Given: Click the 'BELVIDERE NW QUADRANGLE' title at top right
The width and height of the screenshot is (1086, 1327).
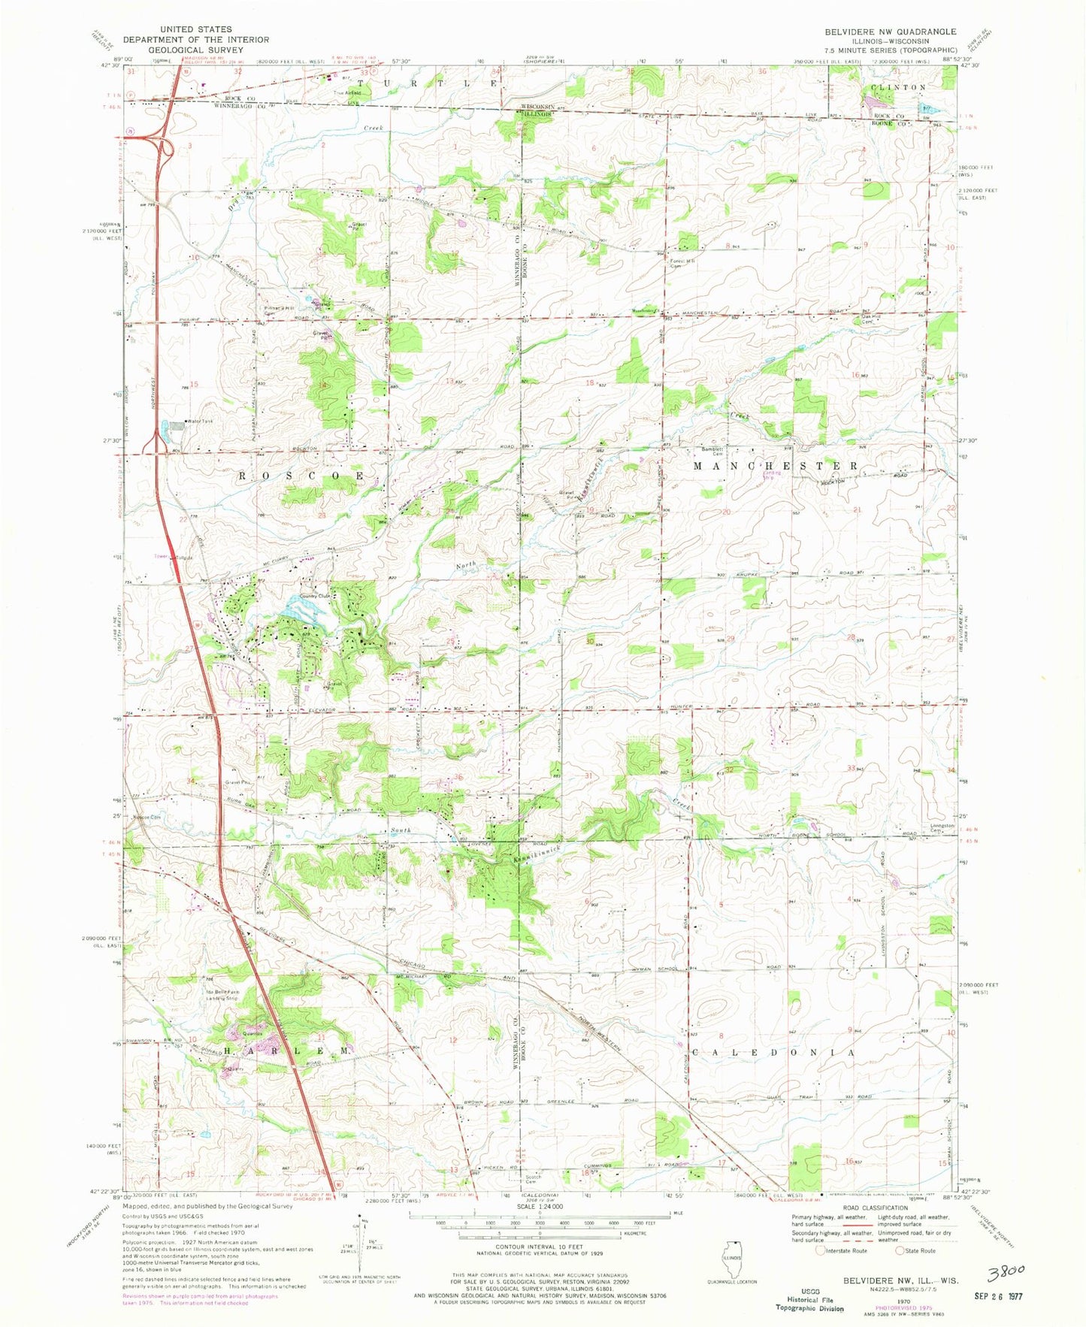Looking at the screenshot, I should [889, 32].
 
